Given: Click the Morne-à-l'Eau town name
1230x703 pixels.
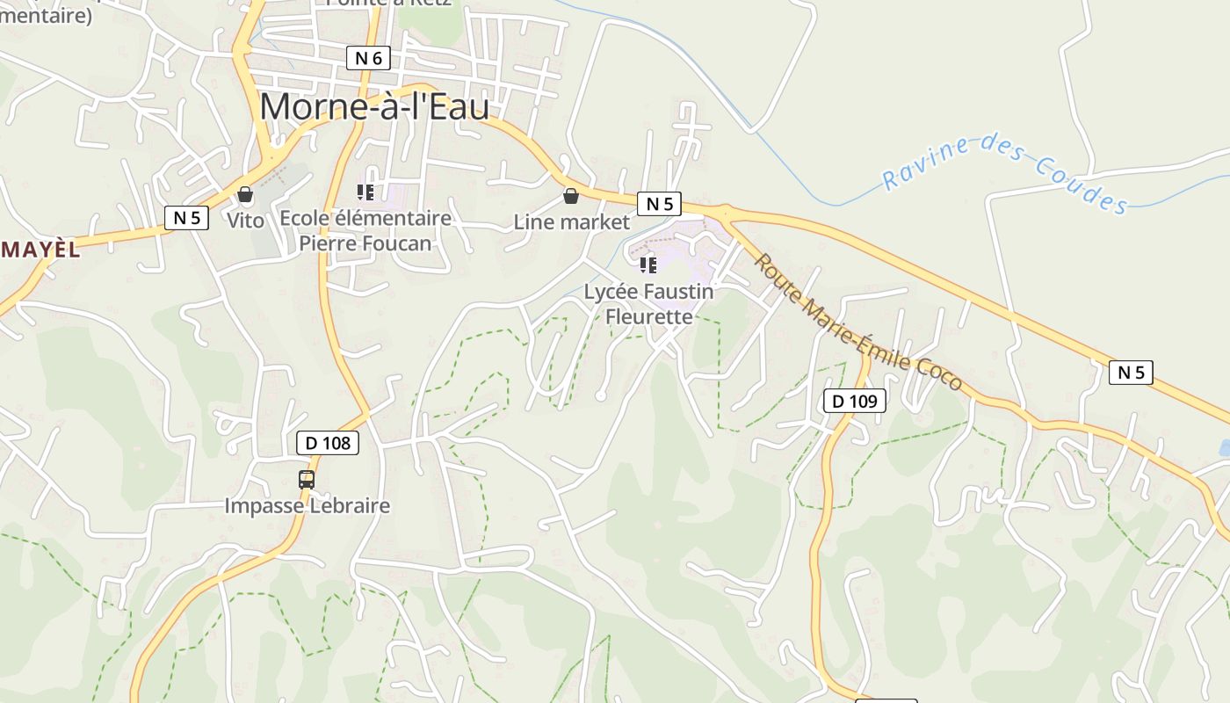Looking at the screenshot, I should pos(374,106).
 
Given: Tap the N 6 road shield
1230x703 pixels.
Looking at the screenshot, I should pos(368,59).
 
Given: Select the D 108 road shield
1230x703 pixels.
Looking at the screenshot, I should pos(328,443).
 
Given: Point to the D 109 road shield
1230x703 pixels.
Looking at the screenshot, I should pos(854,402).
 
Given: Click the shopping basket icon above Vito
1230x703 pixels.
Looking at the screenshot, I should pos(245,193).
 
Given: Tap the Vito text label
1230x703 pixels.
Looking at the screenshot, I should pos(245,221).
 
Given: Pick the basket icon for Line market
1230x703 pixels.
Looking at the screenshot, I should pos(571,195).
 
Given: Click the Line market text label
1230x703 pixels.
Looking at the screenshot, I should pos(572,222).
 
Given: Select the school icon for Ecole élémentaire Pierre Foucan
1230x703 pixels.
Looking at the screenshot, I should pos(365,192).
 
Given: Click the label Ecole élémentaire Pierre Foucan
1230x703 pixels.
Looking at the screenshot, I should pos(365,230).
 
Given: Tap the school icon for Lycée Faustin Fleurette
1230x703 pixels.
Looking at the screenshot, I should pos(648,264).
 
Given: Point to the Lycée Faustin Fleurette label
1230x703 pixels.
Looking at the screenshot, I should pos(649,303).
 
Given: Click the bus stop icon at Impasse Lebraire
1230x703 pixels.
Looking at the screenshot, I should pos(307,479).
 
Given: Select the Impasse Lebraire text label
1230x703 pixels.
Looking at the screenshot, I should pos(307,506).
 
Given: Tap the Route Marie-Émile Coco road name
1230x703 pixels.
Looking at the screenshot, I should pos(858,323).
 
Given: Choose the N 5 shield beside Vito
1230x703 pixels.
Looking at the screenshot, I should pos(186,217).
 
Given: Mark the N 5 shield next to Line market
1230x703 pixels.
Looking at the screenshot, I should pos(659,204).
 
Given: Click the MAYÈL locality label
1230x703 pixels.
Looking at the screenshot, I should pos(40,250).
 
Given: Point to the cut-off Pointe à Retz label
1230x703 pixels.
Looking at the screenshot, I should pos(389,3).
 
